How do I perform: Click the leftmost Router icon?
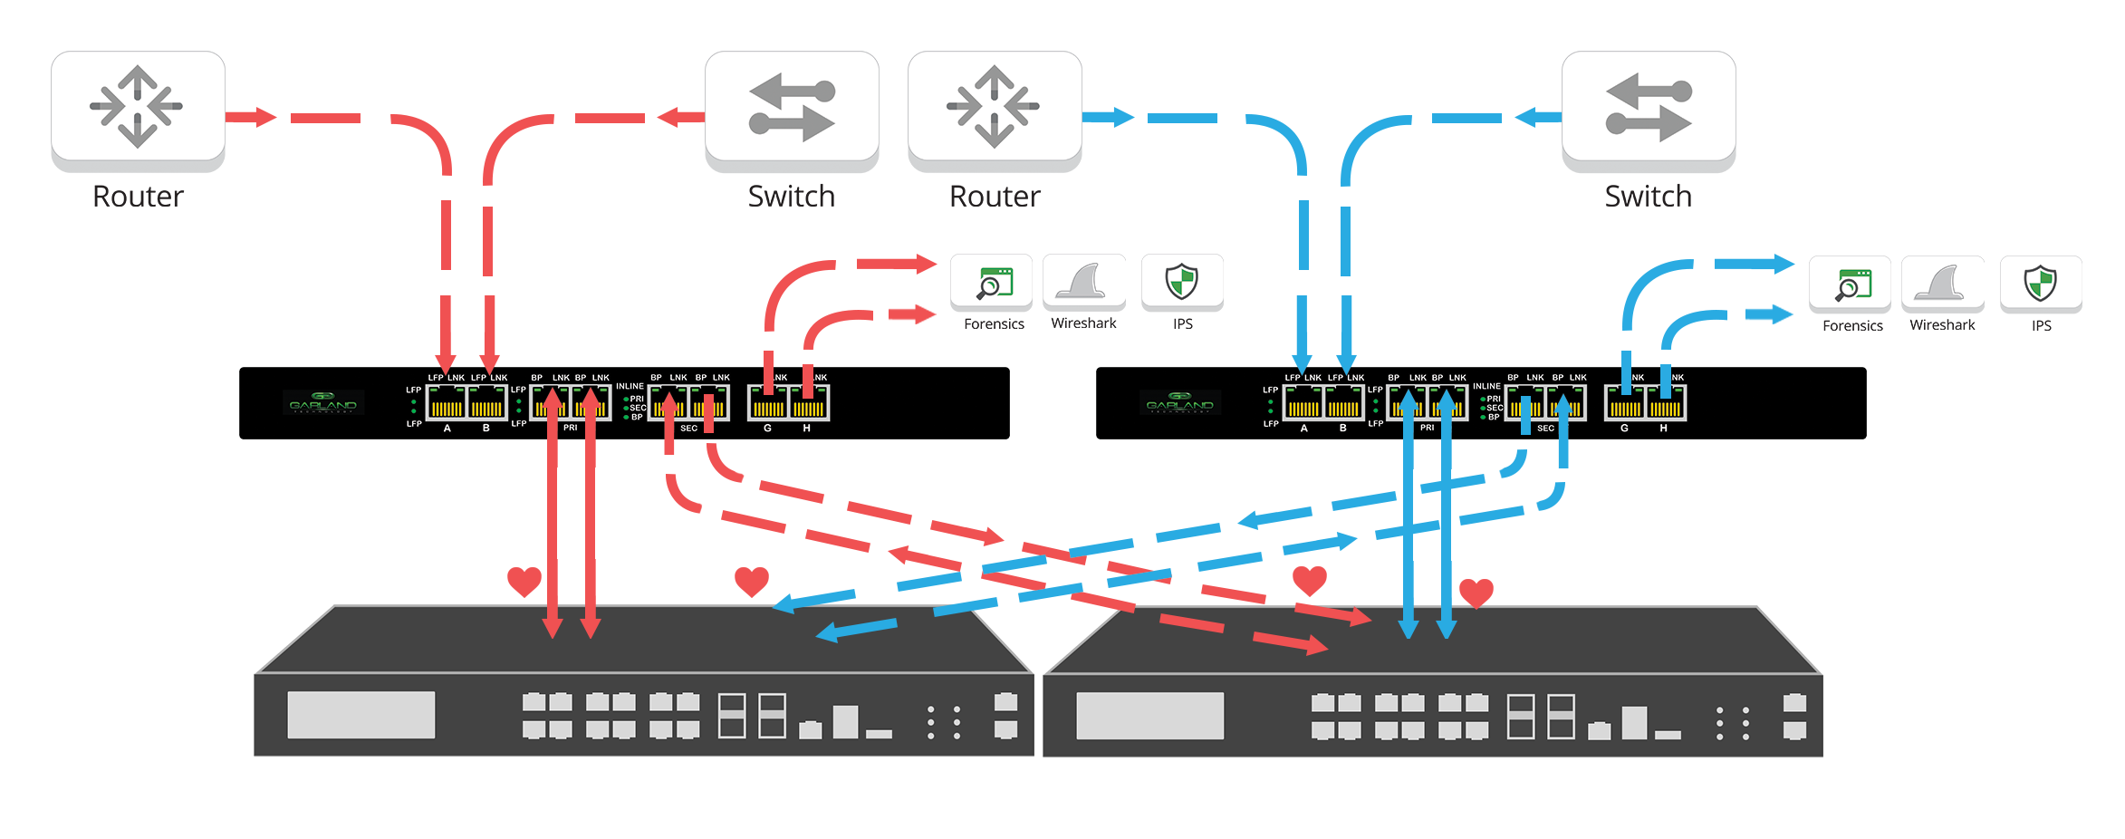pos(138,107)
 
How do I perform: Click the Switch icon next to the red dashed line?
pos(792,107)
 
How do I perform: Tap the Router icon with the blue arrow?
pos(995,107)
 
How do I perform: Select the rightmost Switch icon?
pos(1649,107)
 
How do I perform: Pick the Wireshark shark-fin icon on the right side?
pos(1942,283)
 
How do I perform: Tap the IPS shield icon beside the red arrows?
pos(1182,282)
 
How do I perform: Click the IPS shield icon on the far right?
pos(2040,283)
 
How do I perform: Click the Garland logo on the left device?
pos(323,402)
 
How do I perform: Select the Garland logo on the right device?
pos(1180,402)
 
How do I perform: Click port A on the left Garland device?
pos(446,403)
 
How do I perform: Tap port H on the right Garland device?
pos(1666,403)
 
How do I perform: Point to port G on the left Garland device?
pos(767,403)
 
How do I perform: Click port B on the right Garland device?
pos(1343,403)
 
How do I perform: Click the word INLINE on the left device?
pos(630,386)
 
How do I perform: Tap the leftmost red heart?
pos(524,581)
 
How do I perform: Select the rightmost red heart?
pos(1476,593)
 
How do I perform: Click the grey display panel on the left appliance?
pos(361,715)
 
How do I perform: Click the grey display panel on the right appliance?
pos(1149,716)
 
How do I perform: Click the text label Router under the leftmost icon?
pos(138,196)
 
